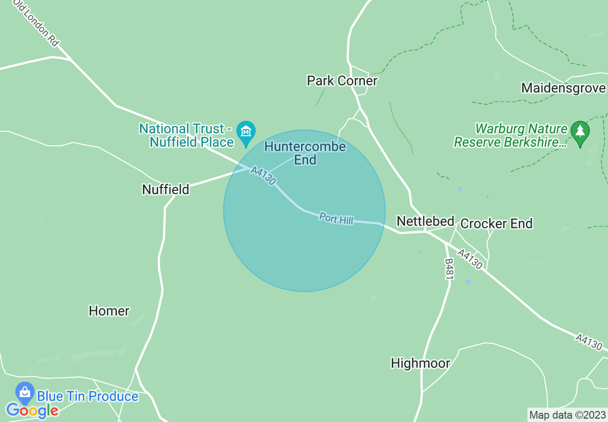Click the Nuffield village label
tap(165, 189)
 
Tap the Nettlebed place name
tap(425, 221)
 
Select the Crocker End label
tap(496, 223)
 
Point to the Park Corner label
tap(342, 81)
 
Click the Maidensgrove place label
tap(563, 88)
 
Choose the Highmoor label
tap(421, 363)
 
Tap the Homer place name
tap(109, 311)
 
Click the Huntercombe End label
tap(305, 153)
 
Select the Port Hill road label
tap(336, 219)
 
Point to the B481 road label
tap(449, 269)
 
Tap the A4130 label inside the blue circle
tap(263, 176)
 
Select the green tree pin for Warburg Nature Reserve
tap(580, 131)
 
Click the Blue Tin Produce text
tap(88, 397)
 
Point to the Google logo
tap(32, 410)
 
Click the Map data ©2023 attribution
tap(567, 415)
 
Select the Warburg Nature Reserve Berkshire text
tap(511, 136)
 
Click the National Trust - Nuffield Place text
tap(187, 135)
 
